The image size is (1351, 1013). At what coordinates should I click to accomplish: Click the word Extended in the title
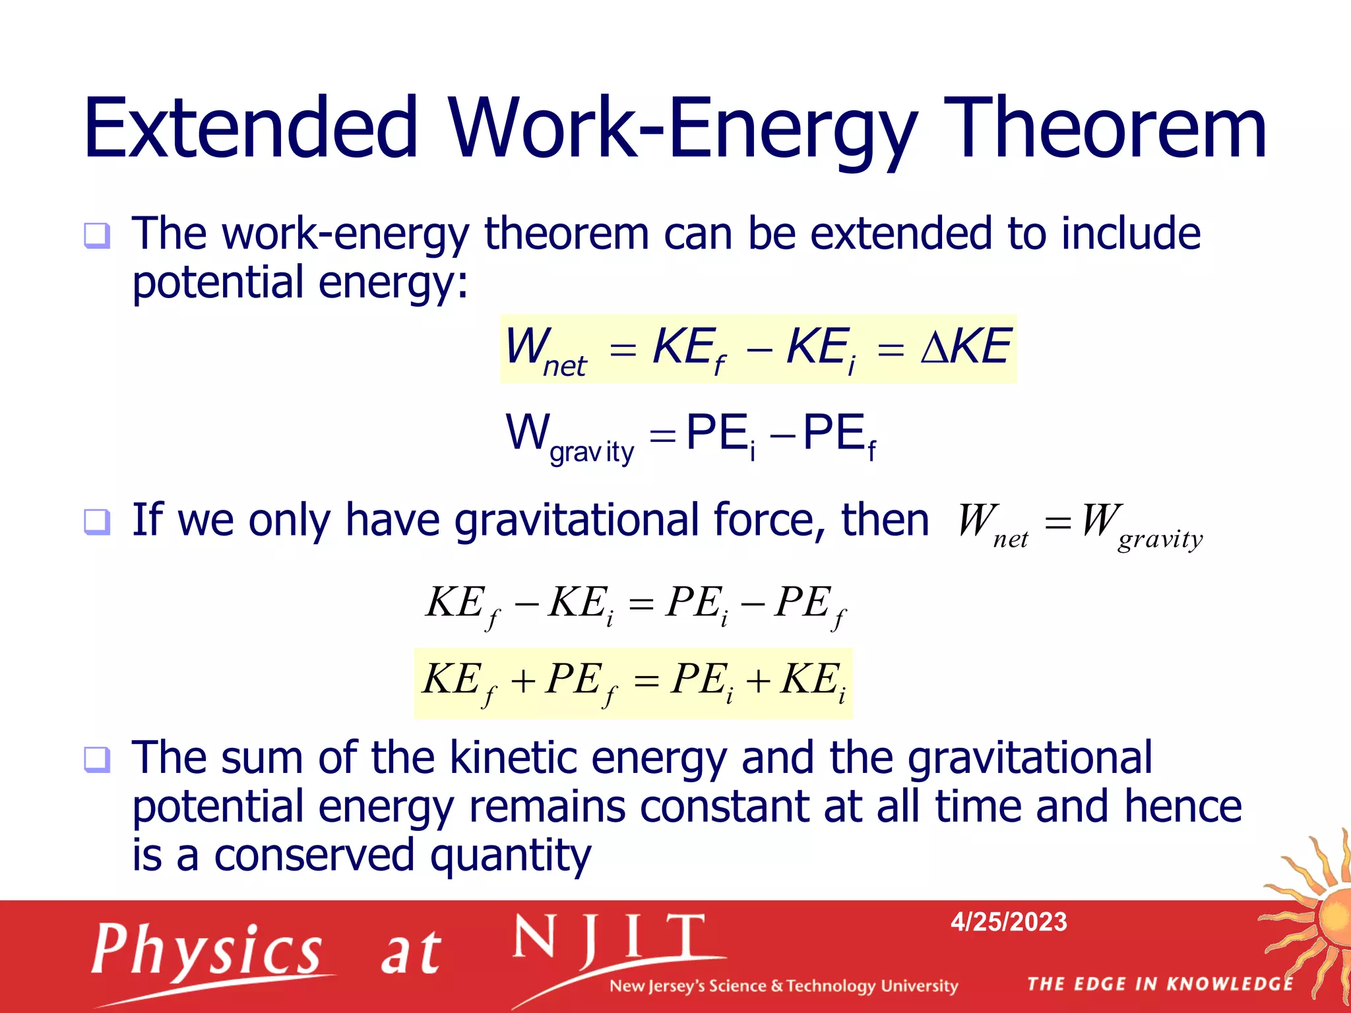(x=251, y=129)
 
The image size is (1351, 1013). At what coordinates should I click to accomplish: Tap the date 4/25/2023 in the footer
(x=1008, y=922)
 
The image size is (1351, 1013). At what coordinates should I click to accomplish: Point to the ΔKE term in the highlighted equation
(x=965, y=347)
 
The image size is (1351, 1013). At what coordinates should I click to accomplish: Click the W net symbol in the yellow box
(x=544, y=351)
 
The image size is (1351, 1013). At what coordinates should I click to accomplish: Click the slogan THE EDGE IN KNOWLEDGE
(x=1160, y=984)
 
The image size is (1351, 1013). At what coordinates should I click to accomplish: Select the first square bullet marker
(x=97, y=235)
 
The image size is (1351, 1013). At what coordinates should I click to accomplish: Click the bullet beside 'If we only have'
(x=97, y=522)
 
